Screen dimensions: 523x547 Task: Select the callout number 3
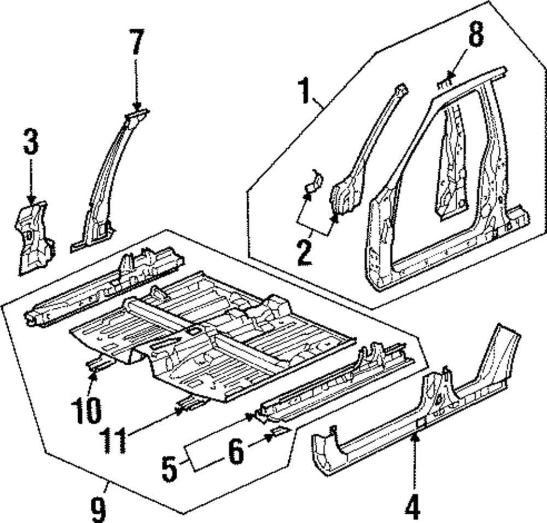(x=31, y=144)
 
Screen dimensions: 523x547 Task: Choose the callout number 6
(x=235, y=452)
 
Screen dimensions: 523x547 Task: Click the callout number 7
(x=136, y=42)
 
